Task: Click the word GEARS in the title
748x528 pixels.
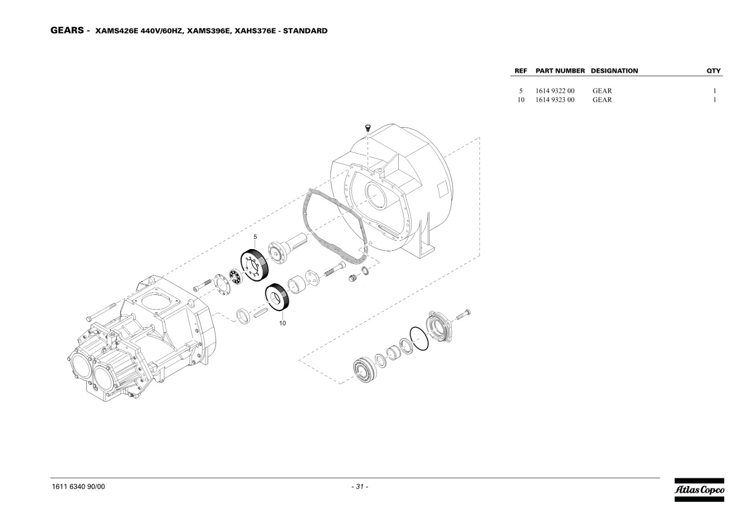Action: tap(67, 30)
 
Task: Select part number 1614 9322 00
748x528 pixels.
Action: tap(555, 91)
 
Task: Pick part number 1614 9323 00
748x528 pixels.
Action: tap(555, 100)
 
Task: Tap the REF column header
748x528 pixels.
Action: tap(521, 71)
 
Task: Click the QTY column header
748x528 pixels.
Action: tap(713, 71)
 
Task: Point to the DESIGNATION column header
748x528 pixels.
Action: tap(614, 71)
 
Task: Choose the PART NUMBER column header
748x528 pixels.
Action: tap(561, 71)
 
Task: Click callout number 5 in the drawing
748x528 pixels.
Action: tap(255, 237)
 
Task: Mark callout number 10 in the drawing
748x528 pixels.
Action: tap(282, 323)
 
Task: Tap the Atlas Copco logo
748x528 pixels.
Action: tap(699, 490)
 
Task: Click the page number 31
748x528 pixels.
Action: tap(360, 486)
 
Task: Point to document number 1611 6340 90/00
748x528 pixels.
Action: tap(79, 486)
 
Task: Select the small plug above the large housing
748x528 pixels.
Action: tap(367, 127)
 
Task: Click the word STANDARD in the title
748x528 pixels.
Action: tap(306, 31)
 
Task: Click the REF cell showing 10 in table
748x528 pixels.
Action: tap(521, 100)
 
